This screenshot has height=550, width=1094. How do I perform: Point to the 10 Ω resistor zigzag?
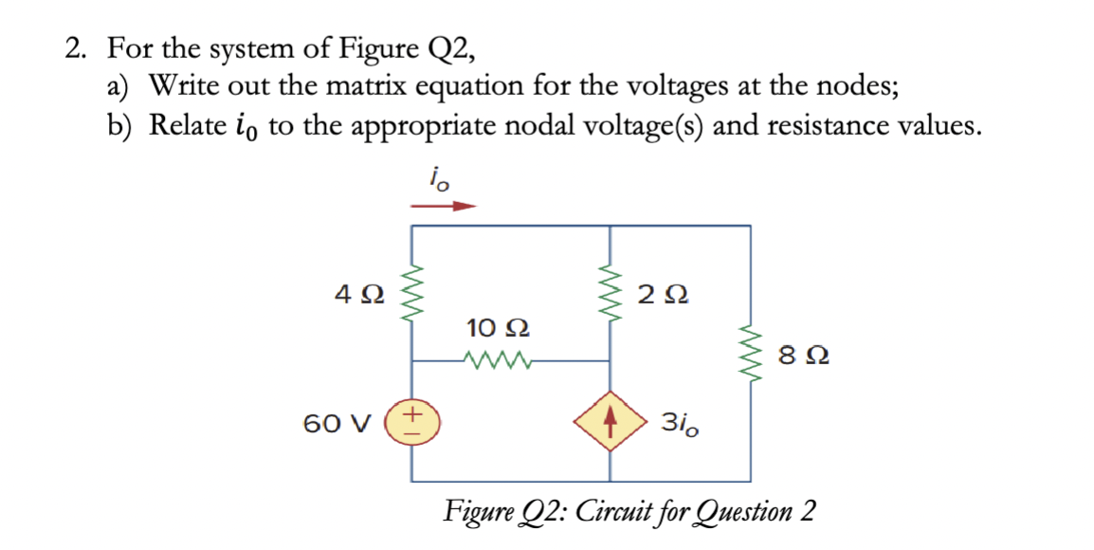tap(494, 360)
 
